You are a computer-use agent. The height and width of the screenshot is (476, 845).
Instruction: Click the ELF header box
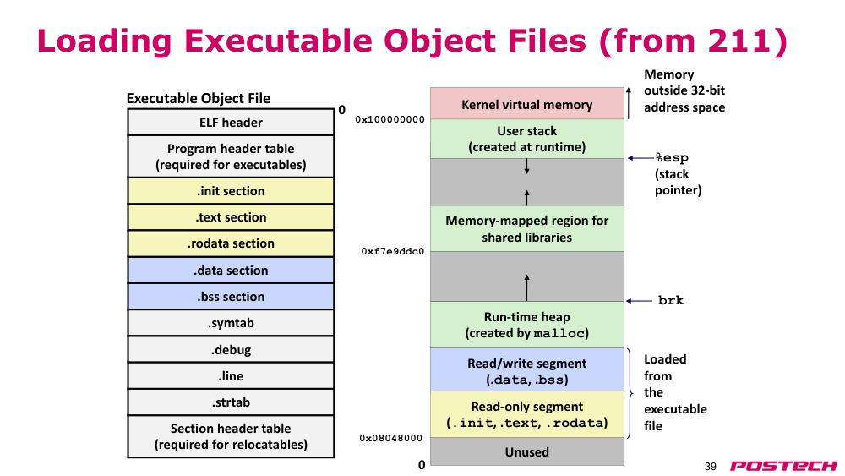point(231,122)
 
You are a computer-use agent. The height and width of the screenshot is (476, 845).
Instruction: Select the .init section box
point(231,191)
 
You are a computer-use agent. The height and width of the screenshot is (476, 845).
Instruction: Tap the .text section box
point(231,217)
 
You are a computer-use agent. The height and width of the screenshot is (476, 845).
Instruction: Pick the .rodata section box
point(231,243)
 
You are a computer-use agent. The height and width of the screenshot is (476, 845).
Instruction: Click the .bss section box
point(231,297)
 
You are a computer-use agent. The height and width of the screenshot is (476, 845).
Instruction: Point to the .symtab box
point(231,323)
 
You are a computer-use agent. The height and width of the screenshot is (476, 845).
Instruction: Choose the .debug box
point(231,349)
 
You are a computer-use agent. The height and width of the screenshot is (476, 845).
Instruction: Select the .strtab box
point(231,402)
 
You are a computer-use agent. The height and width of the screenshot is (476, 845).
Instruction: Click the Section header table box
point(231,436)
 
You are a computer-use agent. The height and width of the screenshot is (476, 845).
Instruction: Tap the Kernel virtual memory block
point(527,103)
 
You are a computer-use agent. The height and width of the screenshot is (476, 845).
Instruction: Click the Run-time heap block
point(527,325)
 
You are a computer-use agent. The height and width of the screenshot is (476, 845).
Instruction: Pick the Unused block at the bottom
point(527,451)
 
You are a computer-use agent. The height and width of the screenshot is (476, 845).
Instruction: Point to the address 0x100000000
point(390,119)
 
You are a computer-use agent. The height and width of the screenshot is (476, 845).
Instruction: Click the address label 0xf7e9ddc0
point(392,251)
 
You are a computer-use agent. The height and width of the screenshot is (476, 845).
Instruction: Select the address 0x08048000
point(390,438)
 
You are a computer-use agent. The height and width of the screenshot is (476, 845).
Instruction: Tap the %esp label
point(672,158)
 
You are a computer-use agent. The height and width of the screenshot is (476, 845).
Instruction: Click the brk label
point(670,300)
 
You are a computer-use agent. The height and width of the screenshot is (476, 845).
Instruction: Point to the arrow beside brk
point(639,301)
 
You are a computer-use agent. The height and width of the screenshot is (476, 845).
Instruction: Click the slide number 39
point(711,467)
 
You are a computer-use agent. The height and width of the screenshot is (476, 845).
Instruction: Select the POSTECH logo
point(783,466)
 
